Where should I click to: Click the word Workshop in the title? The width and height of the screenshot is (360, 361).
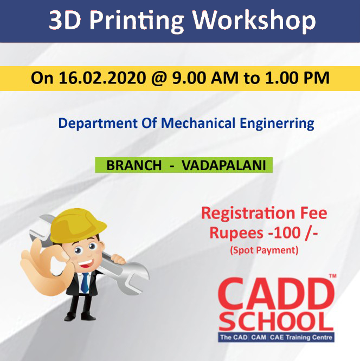click(x=254, y=20)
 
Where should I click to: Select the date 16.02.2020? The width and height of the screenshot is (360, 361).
click(x=102, y=78)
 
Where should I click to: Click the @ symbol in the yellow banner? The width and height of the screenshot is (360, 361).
click(x=159, y=78)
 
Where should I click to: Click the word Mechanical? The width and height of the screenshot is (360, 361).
click(x=198, y=123)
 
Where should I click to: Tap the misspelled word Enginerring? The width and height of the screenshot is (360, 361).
click(x=277, y=124)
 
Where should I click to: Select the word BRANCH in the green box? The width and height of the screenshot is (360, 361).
click(x=134, y=165)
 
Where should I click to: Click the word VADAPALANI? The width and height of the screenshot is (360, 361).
click(x=224, y=165)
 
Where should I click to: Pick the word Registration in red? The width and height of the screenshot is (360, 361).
click(x=248, y=214)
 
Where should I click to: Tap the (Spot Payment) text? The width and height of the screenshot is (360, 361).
click(x=264, y=250)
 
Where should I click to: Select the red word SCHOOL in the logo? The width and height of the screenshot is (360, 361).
click(x=276, y=321)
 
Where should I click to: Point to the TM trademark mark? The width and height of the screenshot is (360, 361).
click(x=332, y=275)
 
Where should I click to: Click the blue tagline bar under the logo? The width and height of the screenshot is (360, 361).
click(x=276, y=338)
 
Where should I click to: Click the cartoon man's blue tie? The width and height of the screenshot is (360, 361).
click(x=85, y=283)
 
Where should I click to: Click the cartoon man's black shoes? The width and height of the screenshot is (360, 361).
click(x=80, y=317)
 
